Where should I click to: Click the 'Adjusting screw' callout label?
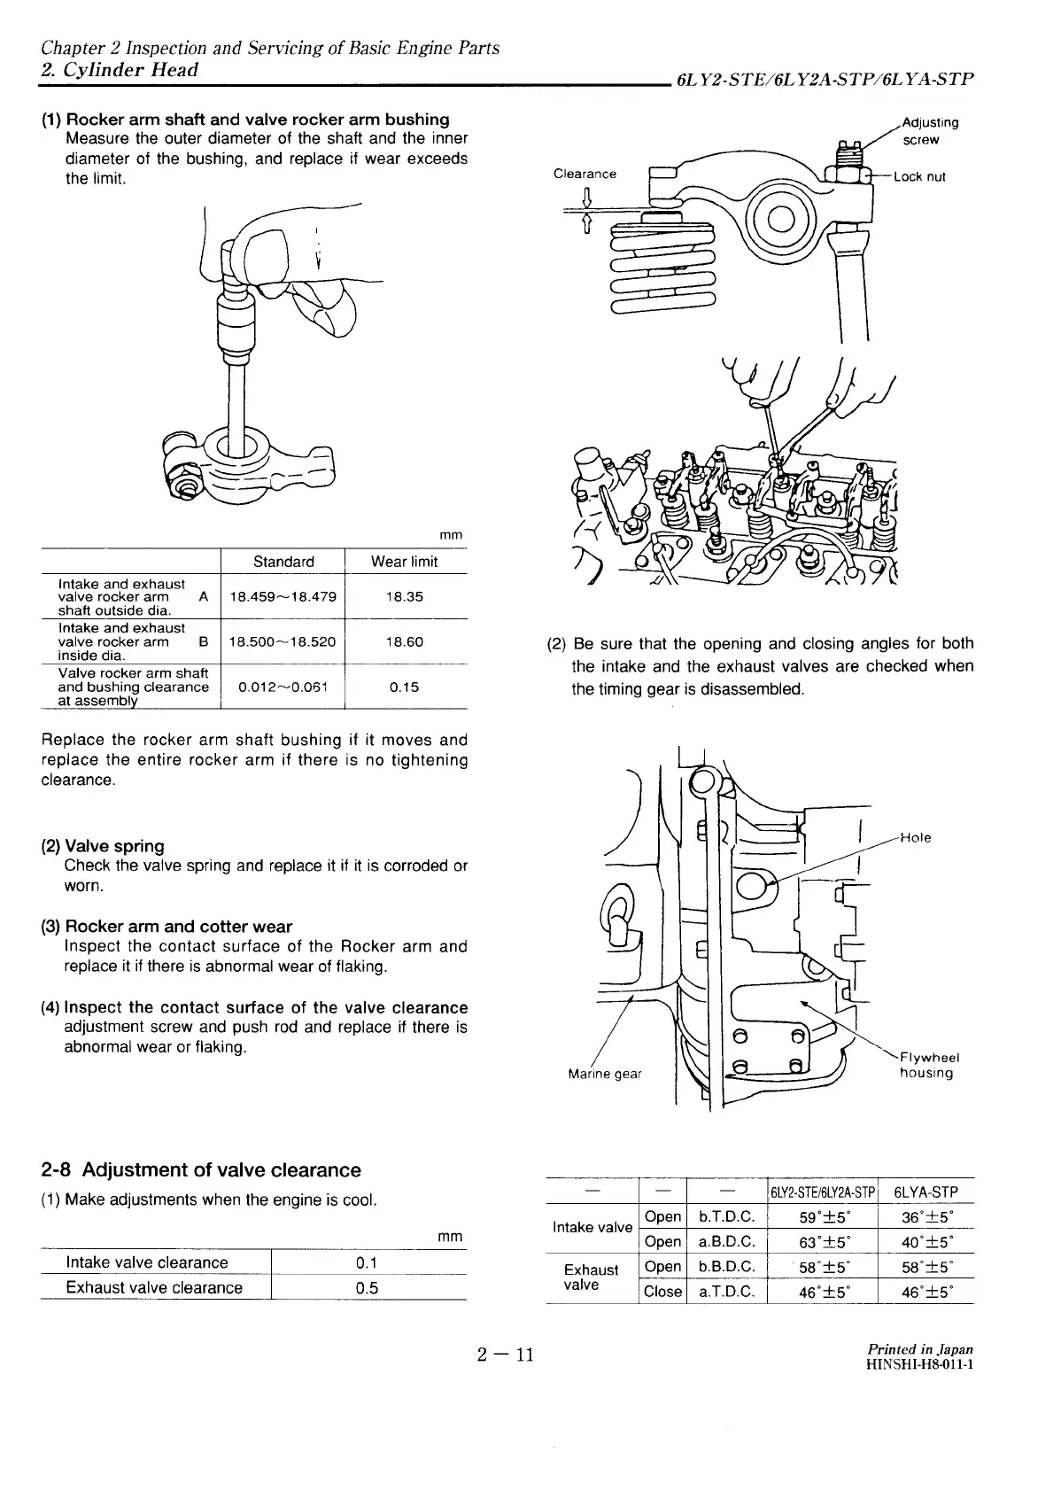pyautogui.click(x=929, y=131)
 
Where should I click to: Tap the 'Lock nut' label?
pyautogui.click(x=920, y=176)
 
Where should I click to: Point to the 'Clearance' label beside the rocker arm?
pyautogui.click(x=585, y=174)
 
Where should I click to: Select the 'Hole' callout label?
pyautogui.click(x=916, y=837)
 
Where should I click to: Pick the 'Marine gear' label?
pyautogui.click(x=604, y=1075)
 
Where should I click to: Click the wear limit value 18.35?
pyautogui.click(x=405, y=596)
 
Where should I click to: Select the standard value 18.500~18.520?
pyautogui.click(x=282, y=641)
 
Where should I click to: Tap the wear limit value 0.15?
pyautogui.click(x=405, y=687)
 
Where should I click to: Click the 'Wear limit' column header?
pyautogui.click(x=405, y=562)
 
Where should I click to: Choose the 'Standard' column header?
pyautogui.click(x=283, y=562)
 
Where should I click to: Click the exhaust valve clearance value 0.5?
pyautogui.click(x=367, y=1288)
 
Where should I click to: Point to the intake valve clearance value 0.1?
pyautogui.click(x=367, y=1262)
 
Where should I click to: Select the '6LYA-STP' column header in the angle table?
pyautogui.click(x=926, y=1192)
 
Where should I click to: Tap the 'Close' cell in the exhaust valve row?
pyautogui.click(x=662, y=1292)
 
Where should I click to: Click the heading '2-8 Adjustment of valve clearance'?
pyautogui.click(x=201, y=1170)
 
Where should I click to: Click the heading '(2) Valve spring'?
pyautogui.click(x=103, y=846)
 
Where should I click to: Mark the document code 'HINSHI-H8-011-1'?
pyautogui.click(x=920, y=1364)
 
